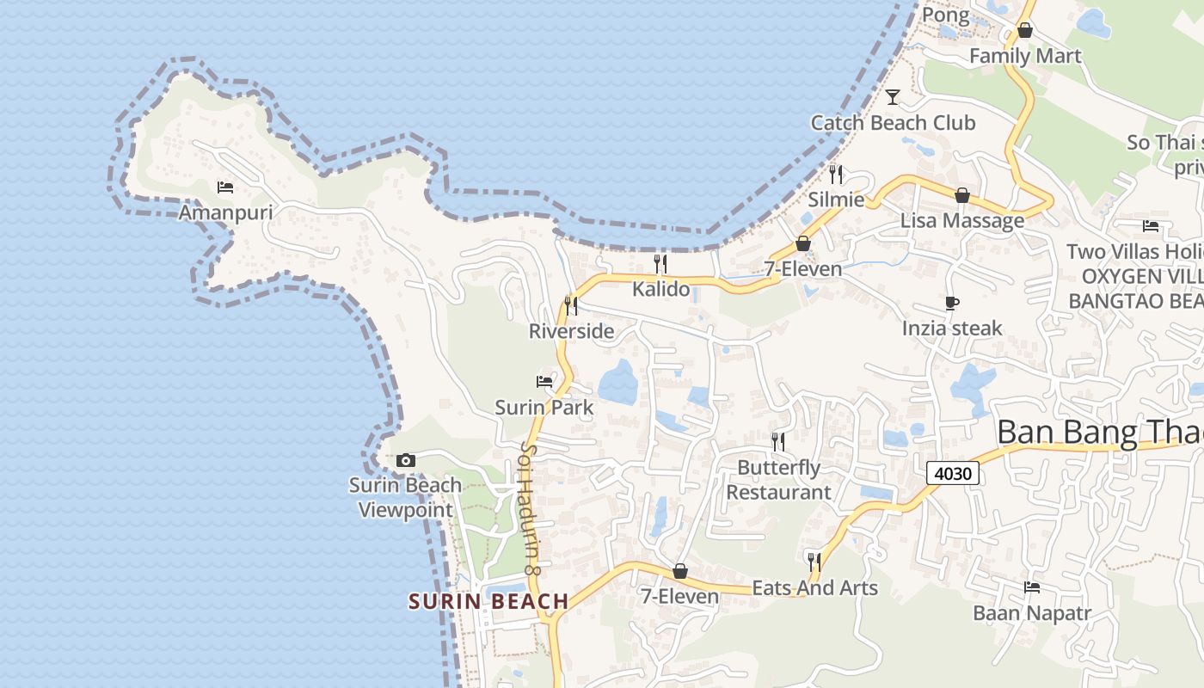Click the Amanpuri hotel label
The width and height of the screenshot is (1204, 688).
coord(225,212)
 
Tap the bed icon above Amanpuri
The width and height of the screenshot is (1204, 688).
coord(225,187)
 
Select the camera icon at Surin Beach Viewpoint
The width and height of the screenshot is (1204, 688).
coord(406,461)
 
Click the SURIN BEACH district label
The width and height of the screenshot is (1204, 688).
coord(488,601)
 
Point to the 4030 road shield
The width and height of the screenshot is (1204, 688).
coord(954,473)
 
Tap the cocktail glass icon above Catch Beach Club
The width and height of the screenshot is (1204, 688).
coord(893,96)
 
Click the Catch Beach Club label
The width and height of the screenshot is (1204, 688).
coord(893,123)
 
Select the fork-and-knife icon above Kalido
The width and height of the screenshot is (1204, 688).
coord(660,263)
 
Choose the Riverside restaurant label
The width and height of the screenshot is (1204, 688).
coord(571,331)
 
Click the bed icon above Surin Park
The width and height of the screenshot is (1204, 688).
coord(544,381)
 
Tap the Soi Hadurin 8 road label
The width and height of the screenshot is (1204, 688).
coord(530,507)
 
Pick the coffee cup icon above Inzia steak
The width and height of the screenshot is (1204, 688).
coord(952,303)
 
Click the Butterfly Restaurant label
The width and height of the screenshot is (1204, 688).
coord(779,480)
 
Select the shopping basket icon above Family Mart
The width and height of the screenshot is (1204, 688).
coord(1024,30)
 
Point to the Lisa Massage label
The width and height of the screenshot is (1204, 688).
coord(962,221)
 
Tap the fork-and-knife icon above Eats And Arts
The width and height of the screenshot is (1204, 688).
coord(814,562)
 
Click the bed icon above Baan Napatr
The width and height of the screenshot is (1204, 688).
coord(1032,587)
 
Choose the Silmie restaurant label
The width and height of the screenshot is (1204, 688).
coord(836,200)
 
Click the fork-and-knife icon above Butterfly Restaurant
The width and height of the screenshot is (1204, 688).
coord(778,442)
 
